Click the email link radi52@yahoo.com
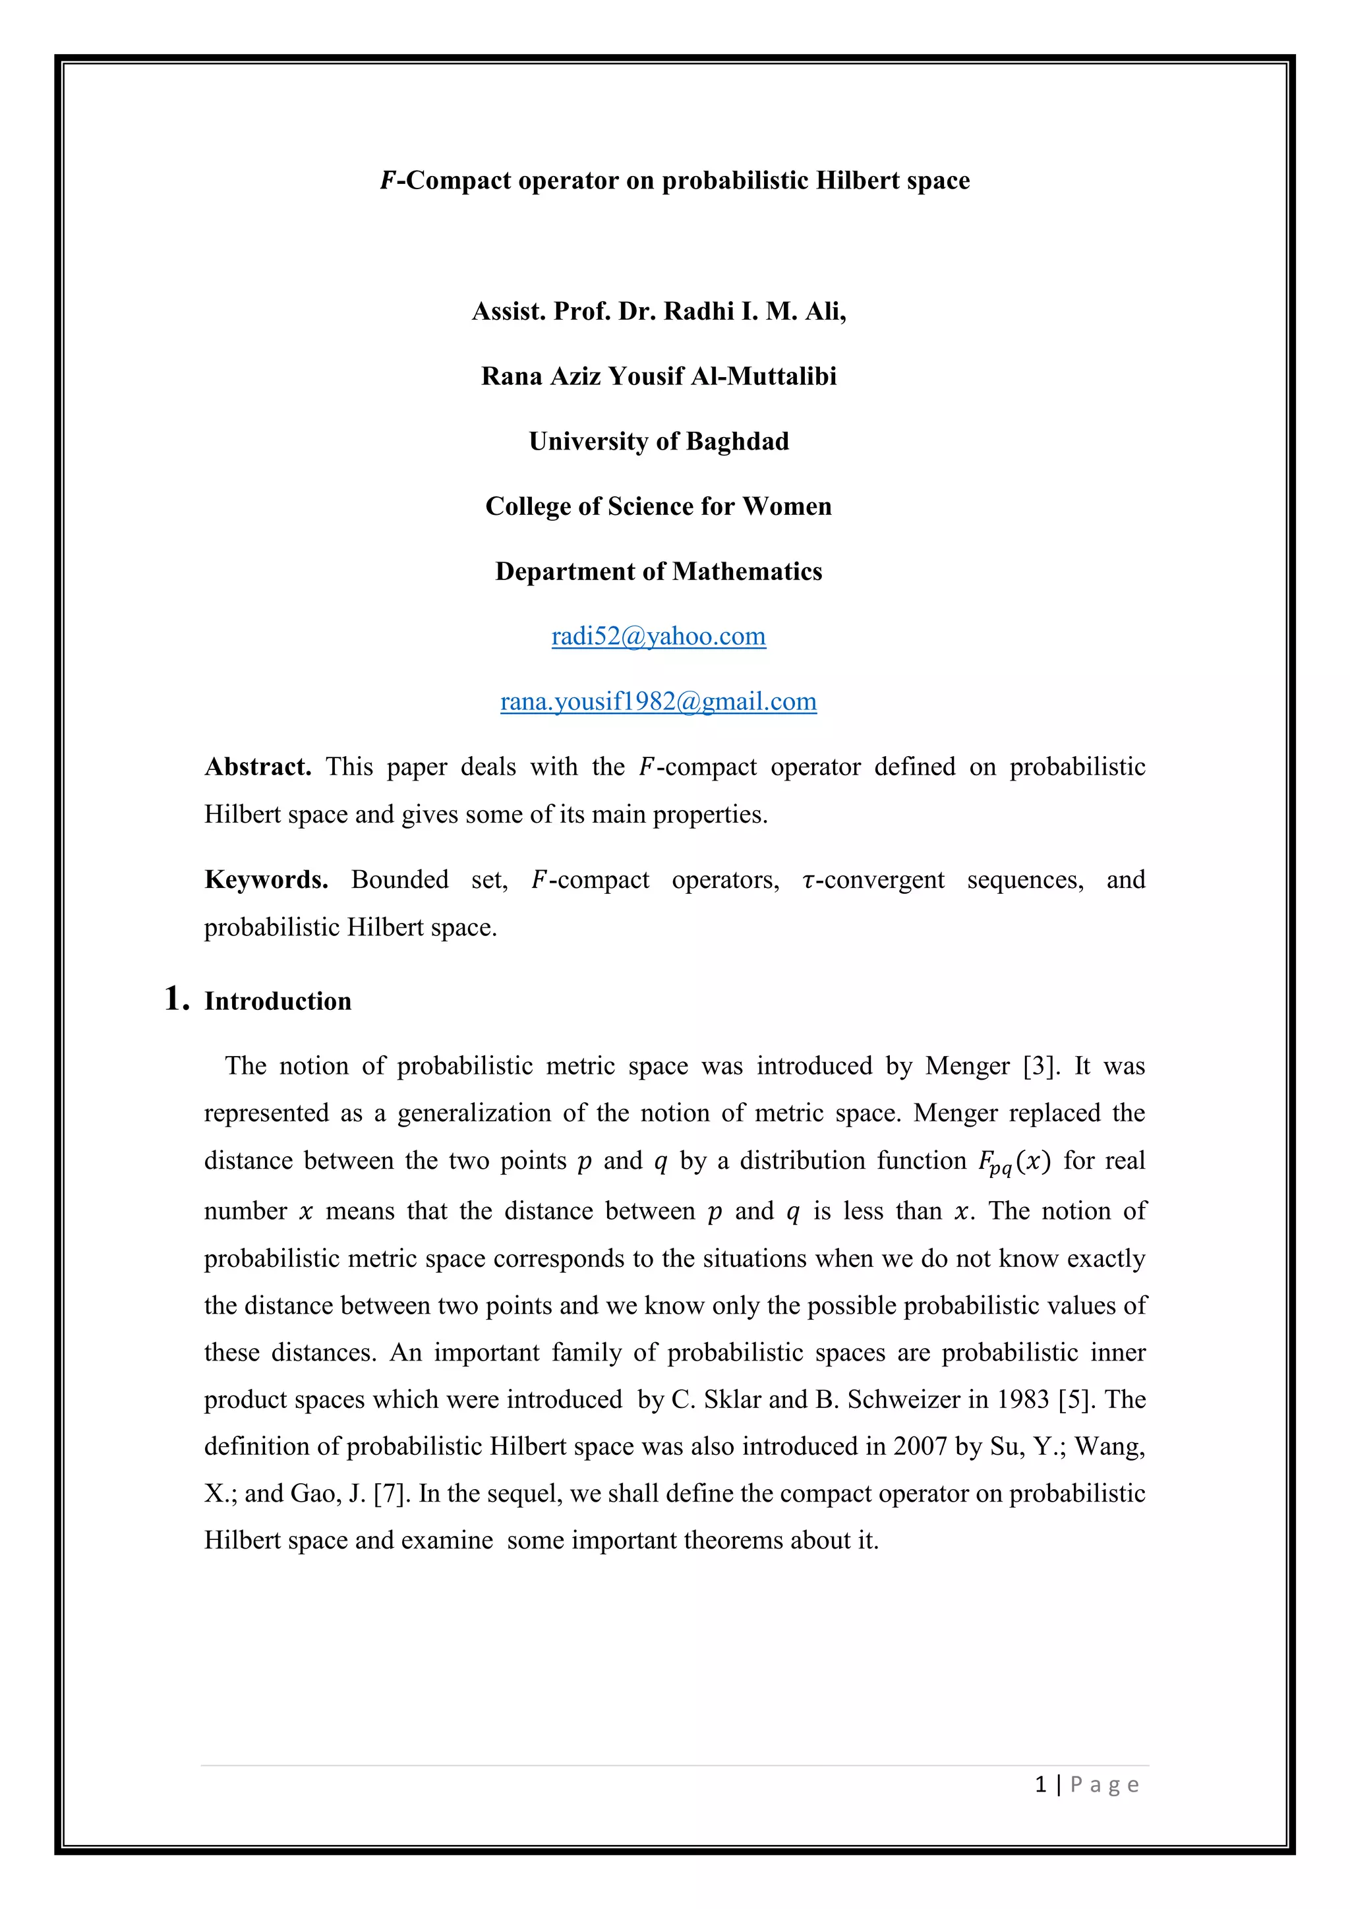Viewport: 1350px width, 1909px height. point(659,636)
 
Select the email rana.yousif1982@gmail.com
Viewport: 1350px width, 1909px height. point(659,702)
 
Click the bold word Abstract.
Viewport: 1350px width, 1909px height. point(258,767)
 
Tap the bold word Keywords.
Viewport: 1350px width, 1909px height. point(266,879)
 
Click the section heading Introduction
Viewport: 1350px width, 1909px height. point(278,1001)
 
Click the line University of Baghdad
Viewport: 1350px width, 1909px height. point(659,442)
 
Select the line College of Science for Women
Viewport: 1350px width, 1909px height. point(659,506)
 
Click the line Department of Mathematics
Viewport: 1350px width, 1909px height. point(659,572)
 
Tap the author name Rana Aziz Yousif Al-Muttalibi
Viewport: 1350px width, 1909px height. point(659,376)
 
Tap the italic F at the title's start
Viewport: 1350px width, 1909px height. point(388,181)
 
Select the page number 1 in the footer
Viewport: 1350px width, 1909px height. point(1041,1784)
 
